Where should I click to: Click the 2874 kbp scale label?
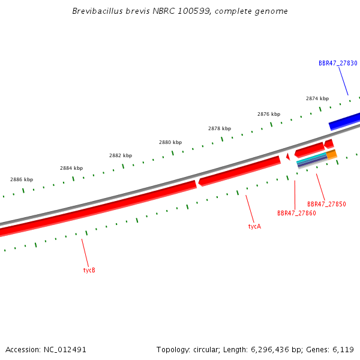tap(317, 98)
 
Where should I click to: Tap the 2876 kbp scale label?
tap(269, 114)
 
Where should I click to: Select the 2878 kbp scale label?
tap(220, 128)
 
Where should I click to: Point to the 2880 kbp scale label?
tap(170, 142)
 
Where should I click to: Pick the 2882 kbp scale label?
tap(121, 155)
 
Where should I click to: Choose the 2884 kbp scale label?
tap(71, 168)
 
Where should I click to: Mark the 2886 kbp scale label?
tap(22, 179)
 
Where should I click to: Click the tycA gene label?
tap(254, 226)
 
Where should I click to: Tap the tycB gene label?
tap(89, 270)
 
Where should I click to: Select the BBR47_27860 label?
tap(296, 213)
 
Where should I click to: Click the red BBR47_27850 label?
tap(326, 204)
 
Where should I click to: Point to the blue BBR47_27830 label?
tap(338, 63)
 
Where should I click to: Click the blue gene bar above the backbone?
tap(344, 121)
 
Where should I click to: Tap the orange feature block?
tap(332, 155)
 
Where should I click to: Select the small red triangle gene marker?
tap(288, 157)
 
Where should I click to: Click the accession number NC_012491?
tap(65, 350)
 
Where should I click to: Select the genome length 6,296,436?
tap(269, 350)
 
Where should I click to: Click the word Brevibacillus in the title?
tap(98, 11)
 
